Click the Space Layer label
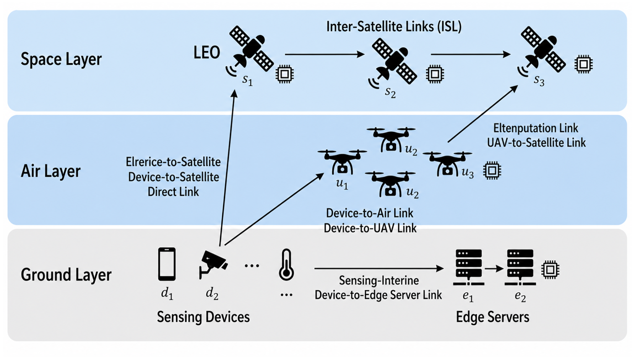(61, 59)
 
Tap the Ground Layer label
(66, 275)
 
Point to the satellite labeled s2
(393, 64)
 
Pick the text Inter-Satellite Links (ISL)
(394, 26)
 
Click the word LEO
(207, 53)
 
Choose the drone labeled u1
(342, 162)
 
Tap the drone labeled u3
(447, 164)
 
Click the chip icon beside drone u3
(492, 171)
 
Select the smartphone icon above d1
(167, 264)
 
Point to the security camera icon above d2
(213, 264)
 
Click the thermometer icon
(286, 265)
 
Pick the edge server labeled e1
(469, 267)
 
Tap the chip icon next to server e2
(550, 269)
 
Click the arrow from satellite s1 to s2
(325, 54)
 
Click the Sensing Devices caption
(203, 317)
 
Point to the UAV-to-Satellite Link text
(536, 142)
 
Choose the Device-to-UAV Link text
(370, 228)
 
